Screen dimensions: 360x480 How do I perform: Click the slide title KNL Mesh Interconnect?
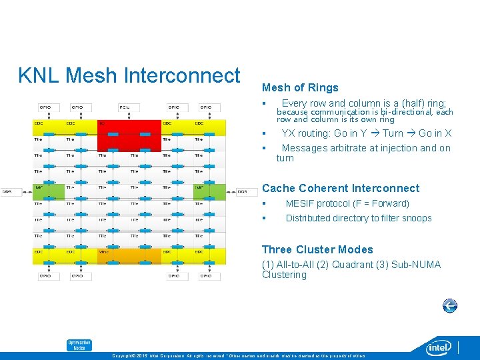(129, 75)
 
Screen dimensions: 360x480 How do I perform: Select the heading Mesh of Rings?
(300, 88)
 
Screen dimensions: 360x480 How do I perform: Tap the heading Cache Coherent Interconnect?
(341, 189)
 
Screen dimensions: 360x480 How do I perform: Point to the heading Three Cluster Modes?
(317, 250)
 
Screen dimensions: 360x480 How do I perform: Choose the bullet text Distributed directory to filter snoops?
(359, 218)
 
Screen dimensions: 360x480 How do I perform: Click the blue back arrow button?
(450, 306)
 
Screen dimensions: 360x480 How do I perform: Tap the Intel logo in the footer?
(439, 347)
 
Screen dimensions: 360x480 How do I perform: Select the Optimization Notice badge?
(79, 345)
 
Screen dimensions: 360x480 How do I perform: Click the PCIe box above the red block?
(125, 107)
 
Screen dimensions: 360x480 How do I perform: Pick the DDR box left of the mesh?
(7, 191)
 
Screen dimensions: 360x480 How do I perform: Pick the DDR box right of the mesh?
(243, 191)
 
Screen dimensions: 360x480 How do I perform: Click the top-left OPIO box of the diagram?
(45, 107)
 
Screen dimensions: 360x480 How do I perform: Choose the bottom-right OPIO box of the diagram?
(206, 275)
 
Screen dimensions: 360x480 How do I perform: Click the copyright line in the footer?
(240, 355)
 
